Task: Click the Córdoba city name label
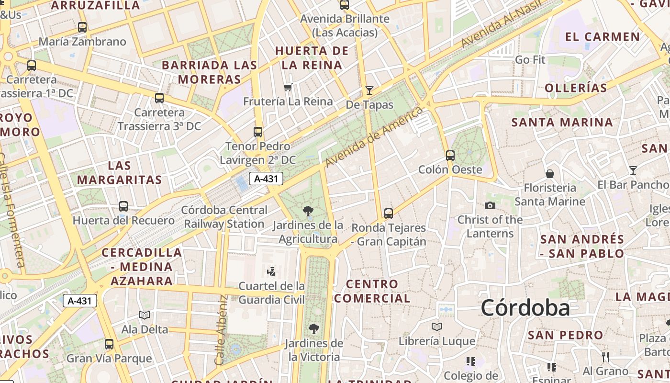click(x=525, y=308)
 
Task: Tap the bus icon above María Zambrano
click(x=82, y=27)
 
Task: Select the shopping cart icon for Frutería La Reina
click(x=288, y=88)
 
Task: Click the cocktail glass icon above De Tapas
click(x=369, y=90)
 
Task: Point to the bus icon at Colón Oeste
click(x=450, y=156)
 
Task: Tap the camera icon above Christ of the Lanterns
click(x=490, y=206)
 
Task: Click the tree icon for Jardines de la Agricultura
click(x=308, y=211)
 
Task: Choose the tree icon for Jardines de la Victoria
click(x=314, y=329)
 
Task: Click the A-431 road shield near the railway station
click(x=266, y=179)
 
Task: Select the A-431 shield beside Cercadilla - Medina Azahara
click(x=80, y=301)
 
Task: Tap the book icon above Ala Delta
click(x=145, y=315)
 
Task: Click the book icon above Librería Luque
click(x=436, y=327)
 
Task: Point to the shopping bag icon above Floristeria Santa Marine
click(x=550, y=173)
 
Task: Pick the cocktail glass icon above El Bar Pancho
click(x=633, y=170)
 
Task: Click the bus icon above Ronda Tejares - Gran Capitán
click(x=389, y=214)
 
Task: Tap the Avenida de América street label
click(x=374, y=137)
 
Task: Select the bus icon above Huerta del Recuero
click(x=123, y=206)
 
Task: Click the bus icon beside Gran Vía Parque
click(x=109, y=344)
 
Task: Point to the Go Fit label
click(x=530, y=60)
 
